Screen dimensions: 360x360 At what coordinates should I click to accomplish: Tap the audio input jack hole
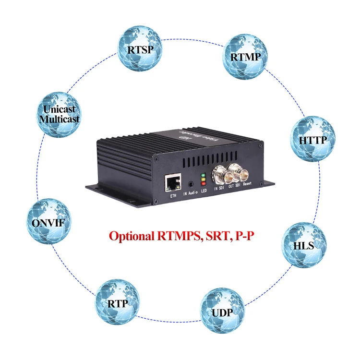192,183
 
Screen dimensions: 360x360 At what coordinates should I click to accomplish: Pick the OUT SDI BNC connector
237,170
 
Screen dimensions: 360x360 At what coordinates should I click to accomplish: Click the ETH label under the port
173,196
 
